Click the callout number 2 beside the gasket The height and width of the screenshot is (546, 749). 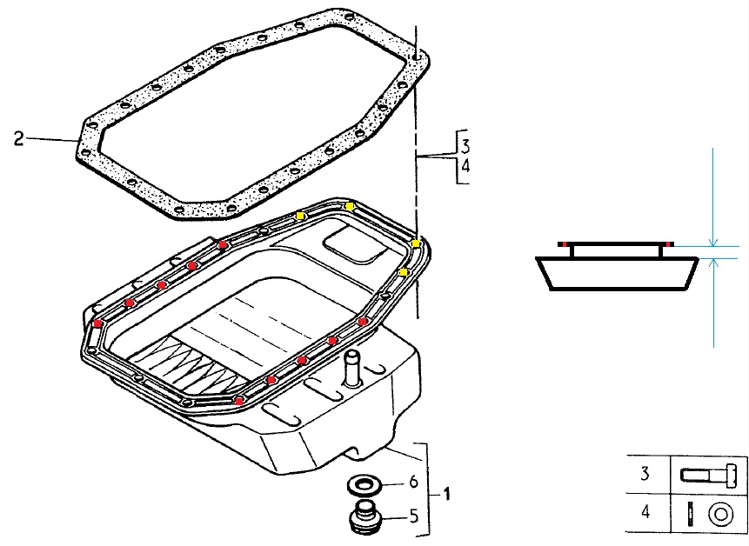pos(18,139)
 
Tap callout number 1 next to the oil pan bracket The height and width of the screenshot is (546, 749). pos(446,494)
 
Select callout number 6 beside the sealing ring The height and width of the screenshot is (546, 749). pos(413,482)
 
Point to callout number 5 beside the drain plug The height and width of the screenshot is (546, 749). pos(414,516)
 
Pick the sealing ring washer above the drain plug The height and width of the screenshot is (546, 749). pos(364,486)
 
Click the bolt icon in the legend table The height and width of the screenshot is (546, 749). pos(709,476)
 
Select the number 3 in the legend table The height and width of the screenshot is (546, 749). pos(645,474)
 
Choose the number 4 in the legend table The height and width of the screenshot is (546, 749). pos(645,512)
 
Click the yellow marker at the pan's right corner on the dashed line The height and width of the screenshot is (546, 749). pos(416,243)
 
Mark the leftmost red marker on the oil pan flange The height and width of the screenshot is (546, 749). pos(98,323)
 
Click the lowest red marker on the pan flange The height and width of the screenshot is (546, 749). pos(239,401)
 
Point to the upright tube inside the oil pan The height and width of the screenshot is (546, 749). pos(352,368)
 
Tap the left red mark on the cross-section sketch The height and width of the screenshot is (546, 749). pos(565,244)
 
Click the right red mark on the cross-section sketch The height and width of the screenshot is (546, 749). pos(670,244)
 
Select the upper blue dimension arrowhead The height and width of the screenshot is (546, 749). pos(712,243)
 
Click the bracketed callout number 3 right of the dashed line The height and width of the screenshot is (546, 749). pos(465,145)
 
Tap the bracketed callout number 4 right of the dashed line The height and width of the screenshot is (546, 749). pos(465,165)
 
